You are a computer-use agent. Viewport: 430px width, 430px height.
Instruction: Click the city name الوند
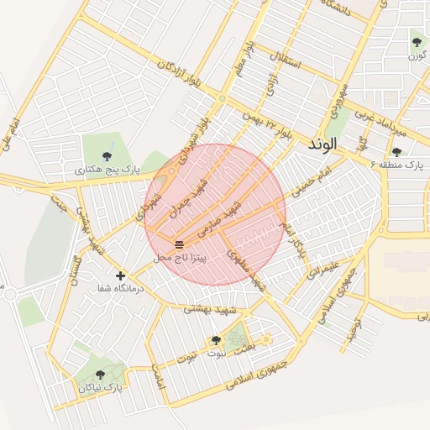322,144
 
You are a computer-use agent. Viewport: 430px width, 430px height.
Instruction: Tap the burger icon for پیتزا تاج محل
179,244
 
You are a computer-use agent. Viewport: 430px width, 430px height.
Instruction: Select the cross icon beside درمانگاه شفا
120,275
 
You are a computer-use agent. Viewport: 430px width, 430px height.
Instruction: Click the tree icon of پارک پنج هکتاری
106,156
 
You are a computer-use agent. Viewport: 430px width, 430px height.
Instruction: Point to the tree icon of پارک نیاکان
101,375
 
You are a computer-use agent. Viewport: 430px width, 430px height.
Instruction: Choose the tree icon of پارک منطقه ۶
396,152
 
